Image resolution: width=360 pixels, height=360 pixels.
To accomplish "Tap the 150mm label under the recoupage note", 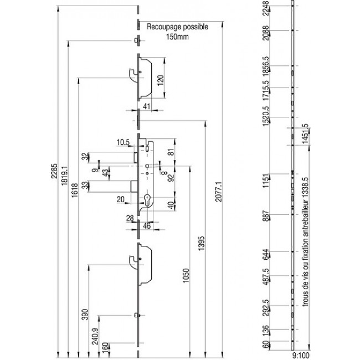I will (177, 37).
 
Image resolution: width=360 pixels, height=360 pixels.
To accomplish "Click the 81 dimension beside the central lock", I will (171, 152).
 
